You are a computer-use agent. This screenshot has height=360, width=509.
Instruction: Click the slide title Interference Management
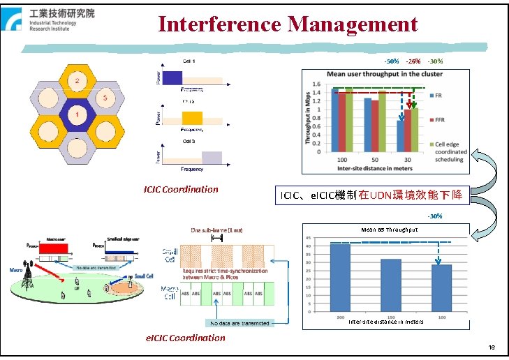click(x=288, y=25)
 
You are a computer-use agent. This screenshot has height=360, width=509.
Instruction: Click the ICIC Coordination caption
click(x=181, y=189)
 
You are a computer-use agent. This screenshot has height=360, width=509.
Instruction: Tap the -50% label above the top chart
click(x=392, y=61)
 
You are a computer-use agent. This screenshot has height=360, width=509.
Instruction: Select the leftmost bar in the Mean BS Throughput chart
click(x=340, y=278)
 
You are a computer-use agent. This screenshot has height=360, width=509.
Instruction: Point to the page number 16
click(x=492, y=347)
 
